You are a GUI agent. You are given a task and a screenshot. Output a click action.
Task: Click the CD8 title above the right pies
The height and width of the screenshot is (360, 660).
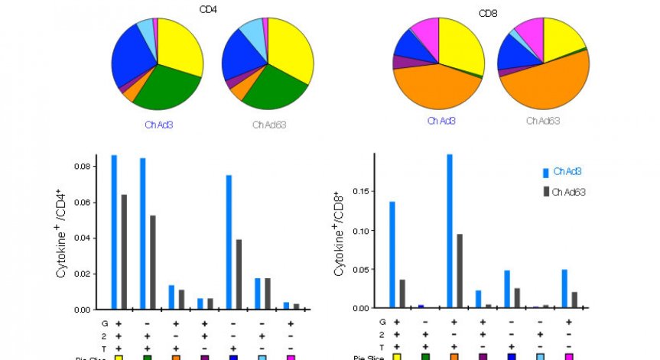pyautogui.click(x=487, y=13)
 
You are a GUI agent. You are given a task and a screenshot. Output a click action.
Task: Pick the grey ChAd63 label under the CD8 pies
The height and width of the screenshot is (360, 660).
pyautogui.click(x=542, y=121)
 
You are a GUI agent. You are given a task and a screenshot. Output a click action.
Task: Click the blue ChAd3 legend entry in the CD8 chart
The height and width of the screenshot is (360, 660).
pyautogui.click(x=567, y=172)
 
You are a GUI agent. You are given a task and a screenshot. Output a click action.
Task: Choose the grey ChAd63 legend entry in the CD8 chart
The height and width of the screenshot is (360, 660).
pyautogui.click(x=569, y=192)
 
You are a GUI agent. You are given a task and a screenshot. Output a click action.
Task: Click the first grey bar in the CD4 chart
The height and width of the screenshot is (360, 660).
pyautogui.click(x=124, y=251)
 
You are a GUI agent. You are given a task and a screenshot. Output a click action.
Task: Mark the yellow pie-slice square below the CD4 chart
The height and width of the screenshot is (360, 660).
pyautogui.click(x=119, y=356)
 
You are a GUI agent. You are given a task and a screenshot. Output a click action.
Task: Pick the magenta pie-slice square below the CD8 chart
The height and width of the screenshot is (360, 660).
pyautogui.click(x=569, y=356)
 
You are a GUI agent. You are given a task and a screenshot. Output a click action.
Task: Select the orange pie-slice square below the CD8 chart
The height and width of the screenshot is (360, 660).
pyautogui.click(x=454, y=356)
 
